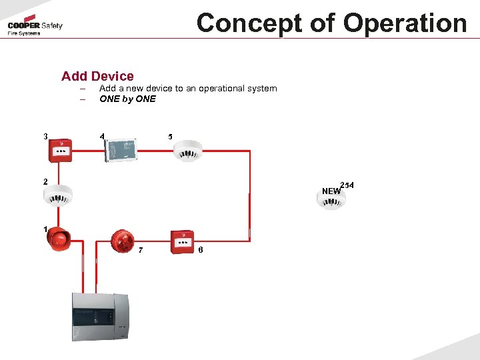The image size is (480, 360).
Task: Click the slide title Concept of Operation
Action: [331, 23]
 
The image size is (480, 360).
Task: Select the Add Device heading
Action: [97, 76]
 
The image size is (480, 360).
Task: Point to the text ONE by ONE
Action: [127, 99]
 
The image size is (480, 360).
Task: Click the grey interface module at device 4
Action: [121, 149]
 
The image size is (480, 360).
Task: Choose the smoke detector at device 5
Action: [187, 150]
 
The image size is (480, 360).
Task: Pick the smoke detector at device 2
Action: [58, 194]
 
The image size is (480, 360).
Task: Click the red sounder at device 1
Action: [58, 240]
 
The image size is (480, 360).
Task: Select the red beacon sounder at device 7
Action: [123, 241]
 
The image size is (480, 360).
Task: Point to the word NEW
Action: [331, 191]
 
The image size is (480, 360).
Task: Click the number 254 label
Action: [347, 185]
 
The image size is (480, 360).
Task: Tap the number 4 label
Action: [102, 137]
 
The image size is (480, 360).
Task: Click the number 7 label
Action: [140, 250]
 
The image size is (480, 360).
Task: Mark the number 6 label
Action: [201, 250]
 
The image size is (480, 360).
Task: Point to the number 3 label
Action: [45, 137]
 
